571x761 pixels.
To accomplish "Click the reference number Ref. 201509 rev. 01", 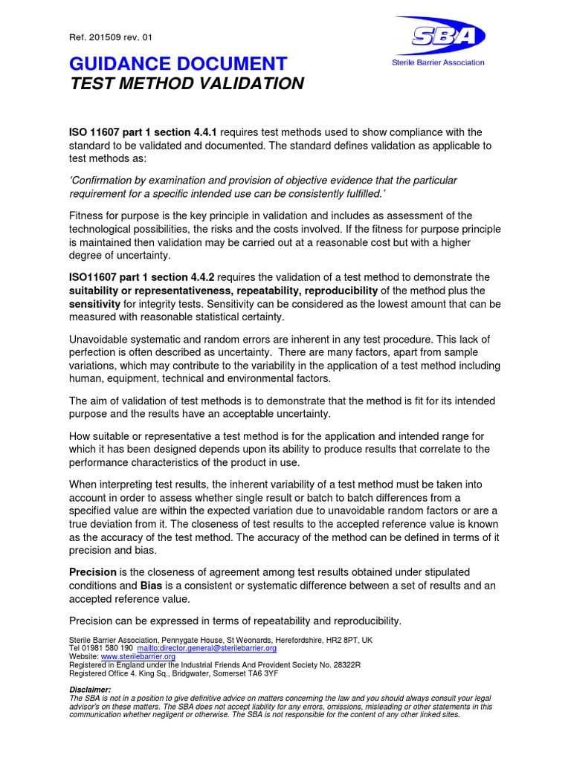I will pyautogui.click(x=111, y=37).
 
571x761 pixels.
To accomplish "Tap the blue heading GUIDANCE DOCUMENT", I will pyautogui.click(x=178, y=63).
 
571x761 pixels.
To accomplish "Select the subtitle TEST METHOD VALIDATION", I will pyautogui.click(x=187, y=83).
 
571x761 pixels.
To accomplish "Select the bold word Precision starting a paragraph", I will pyautogui.click(x=93, y=571).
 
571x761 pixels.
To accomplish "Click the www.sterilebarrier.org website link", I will pyautogui.click(x=138, y=656).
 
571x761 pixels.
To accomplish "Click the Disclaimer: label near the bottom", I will pyautogui.click(x=91, y=690).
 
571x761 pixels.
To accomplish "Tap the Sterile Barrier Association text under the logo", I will pyautogui.click(x=438, y=62).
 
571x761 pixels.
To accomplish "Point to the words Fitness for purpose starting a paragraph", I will pyautogui.click(x=117, y=215).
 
